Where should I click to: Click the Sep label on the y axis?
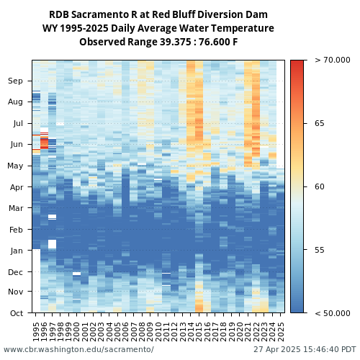point(15,81)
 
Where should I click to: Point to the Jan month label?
point(17,251)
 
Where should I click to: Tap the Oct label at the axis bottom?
point(17,313)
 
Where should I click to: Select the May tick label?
point(15,166)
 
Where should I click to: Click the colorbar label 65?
point(320,123)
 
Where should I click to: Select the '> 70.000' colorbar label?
point(333,60)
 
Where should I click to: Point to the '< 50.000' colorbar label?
point(333,313)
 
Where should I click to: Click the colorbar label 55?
point(320,250)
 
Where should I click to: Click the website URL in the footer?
point(78,349)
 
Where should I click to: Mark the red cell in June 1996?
point(44,143)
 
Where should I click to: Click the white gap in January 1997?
point(52,244)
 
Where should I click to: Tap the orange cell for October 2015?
point(199,306)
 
